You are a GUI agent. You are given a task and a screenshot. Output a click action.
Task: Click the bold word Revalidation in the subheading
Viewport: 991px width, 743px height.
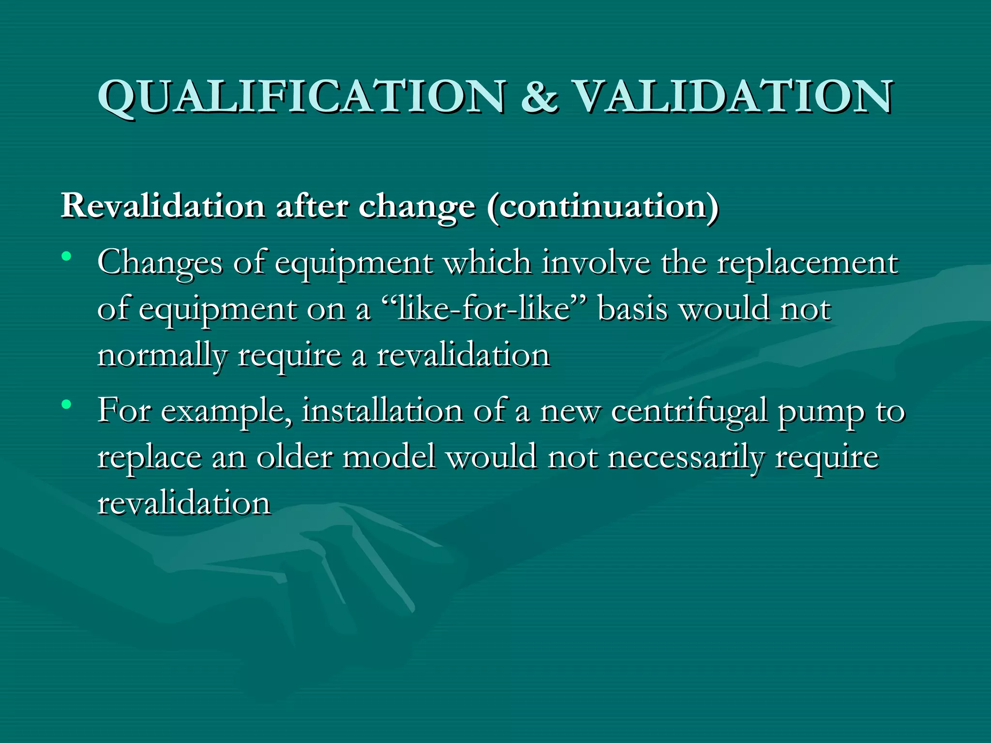click(163, 206)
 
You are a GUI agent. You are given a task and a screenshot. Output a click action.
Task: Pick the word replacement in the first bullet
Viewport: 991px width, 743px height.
click(807, 264)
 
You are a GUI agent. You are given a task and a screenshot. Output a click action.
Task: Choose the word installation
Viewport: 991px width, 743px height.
click(382, 411)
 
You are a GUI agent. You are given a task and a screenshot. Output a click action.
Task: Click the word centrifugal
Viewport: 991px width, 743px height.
click(689, 412)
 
